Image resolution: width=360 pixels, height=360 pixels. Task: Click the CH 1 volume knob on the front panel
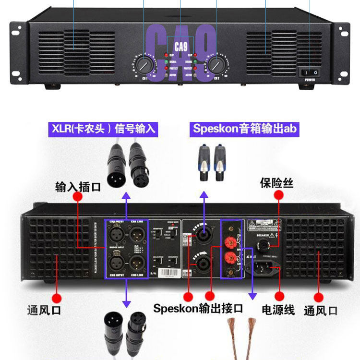[x=143, y=64]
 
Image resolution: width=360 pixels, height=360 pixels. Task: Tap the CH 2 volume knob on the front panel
[x=216, y=64]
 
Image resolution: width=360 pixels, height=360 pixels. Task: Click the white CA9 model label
[x=180, y=47]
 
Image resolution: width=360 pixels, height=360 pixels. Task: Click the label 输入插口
[x=78, y=187]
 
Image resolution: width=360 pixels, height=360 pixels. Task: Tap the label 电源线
[x=278, y=310]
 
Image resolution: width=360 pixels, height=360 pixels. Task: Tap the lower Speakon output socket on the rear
[x=200, y=262]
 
